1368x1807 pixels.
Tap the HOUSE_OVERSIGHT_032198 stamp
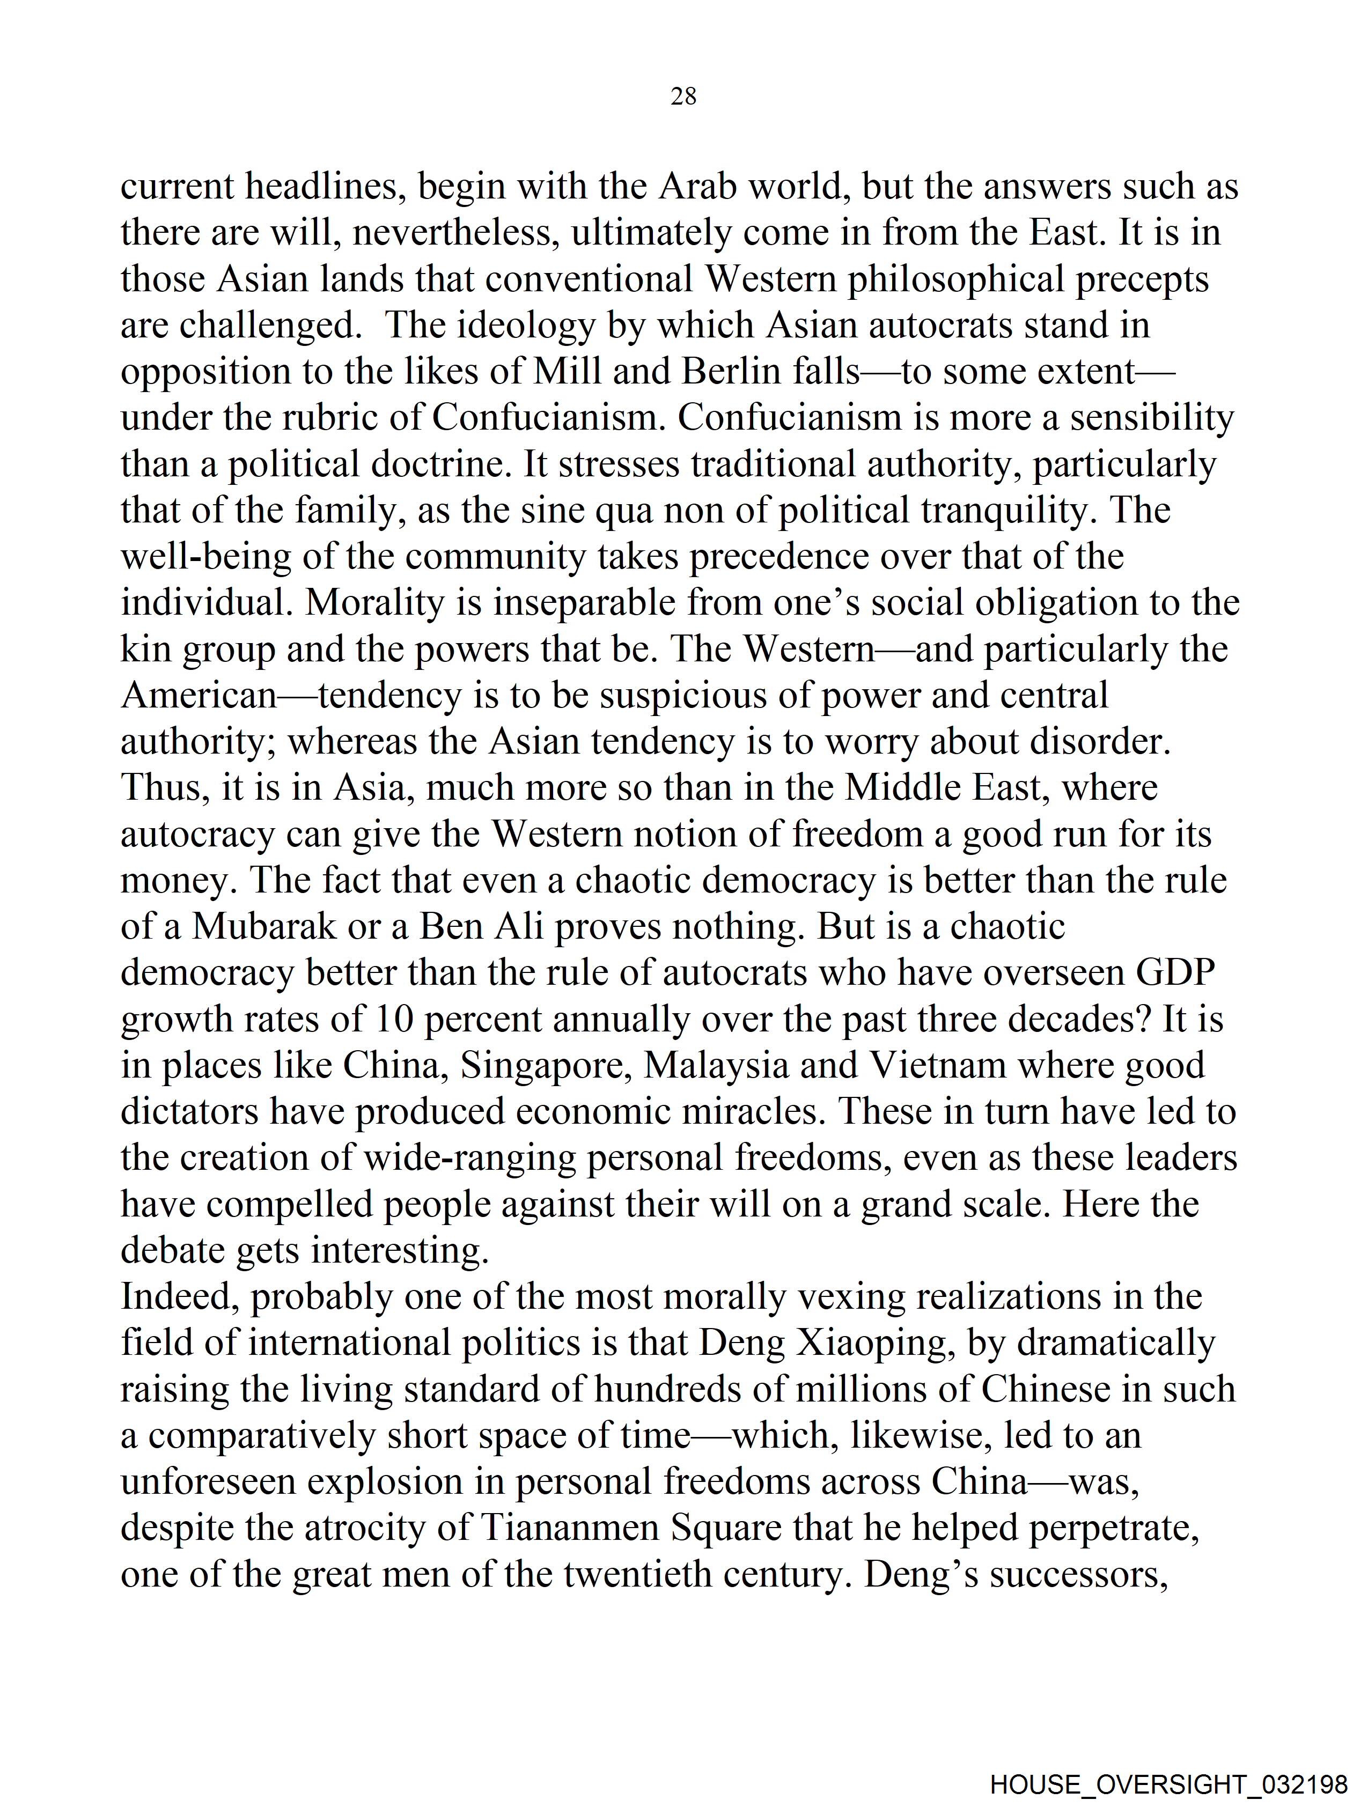pos(1168,1783)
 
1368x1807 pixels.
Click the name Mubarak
pos(264,926)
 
